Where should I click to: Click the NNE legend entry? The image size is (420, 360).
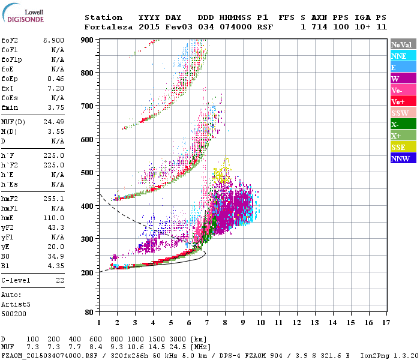(x=400, y=56)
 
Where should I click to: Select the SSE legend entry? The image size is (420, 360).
(x=400, y=147)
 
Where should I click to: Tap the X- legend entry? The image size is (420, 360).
(x=400, y=124)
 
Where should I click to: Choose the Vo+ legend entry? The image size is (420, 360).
(x=400, y=101)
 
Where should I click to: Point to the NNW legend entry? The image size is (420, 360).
(x=400, y=158)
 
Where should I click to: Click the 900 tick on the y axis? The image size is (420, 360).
(x=88, y=40)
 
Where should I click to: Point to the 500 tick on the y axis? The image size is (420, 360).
(x=88, y=173)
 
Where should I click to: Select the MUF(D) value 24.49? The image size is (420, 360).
(x=53, y=122)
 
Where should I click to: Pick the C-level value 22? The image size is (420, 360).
(x=59, y=280)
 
